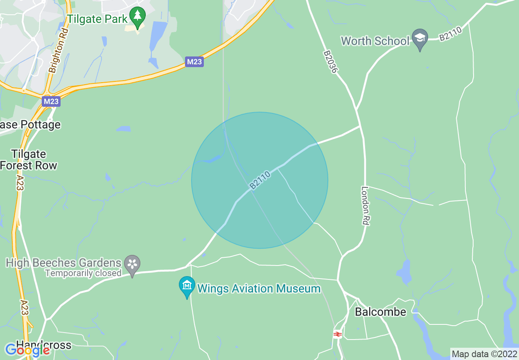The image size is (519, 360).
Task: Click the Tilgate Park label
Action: pyautogui.click(x=97, y=19)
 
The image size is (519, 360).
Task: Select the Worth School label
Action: pyautogui.click(x=375, y=41)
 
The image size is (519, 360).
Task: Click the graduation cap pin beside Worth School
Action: pyautogui.click(x=420, y=38)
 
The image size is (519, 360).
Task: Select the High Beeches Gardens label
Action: pyautogui.click(x=64, y=263)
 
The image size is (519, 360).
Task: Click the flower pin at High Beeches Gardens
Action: pyautogui.click(x=132, y=264)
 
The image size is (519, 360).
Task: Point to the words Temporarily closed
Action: pyautogui.click(x=83, y=273)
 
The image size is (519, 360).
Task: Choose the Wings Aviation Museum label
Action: pyautogui.click(x=259, y=289)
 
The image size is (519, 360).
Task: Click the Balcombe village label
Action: pyautogui.click(x=380, y=312)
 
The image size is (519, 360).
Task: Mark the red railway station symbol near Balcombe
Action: pyautogui.click(x=337, y=334)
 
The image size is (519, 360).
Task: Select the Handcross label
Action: pyautogui.click(x=44, y=345)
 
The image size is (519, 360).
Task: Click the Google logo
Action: pyautogui.click(x=28, y=351)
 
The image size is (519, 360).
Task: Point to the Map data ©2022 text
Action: pyautogui.click(x=484, y=354)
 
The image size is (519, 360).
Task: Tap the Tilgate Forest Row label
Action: pyautogui.click(x=28, y=160)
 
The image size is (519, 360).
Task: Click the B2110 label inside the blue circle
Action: pyautogui.click(x=260, y=180)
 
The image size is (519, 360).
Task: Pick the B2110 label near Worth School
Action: pyautogui.click(x=450, y=32)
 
